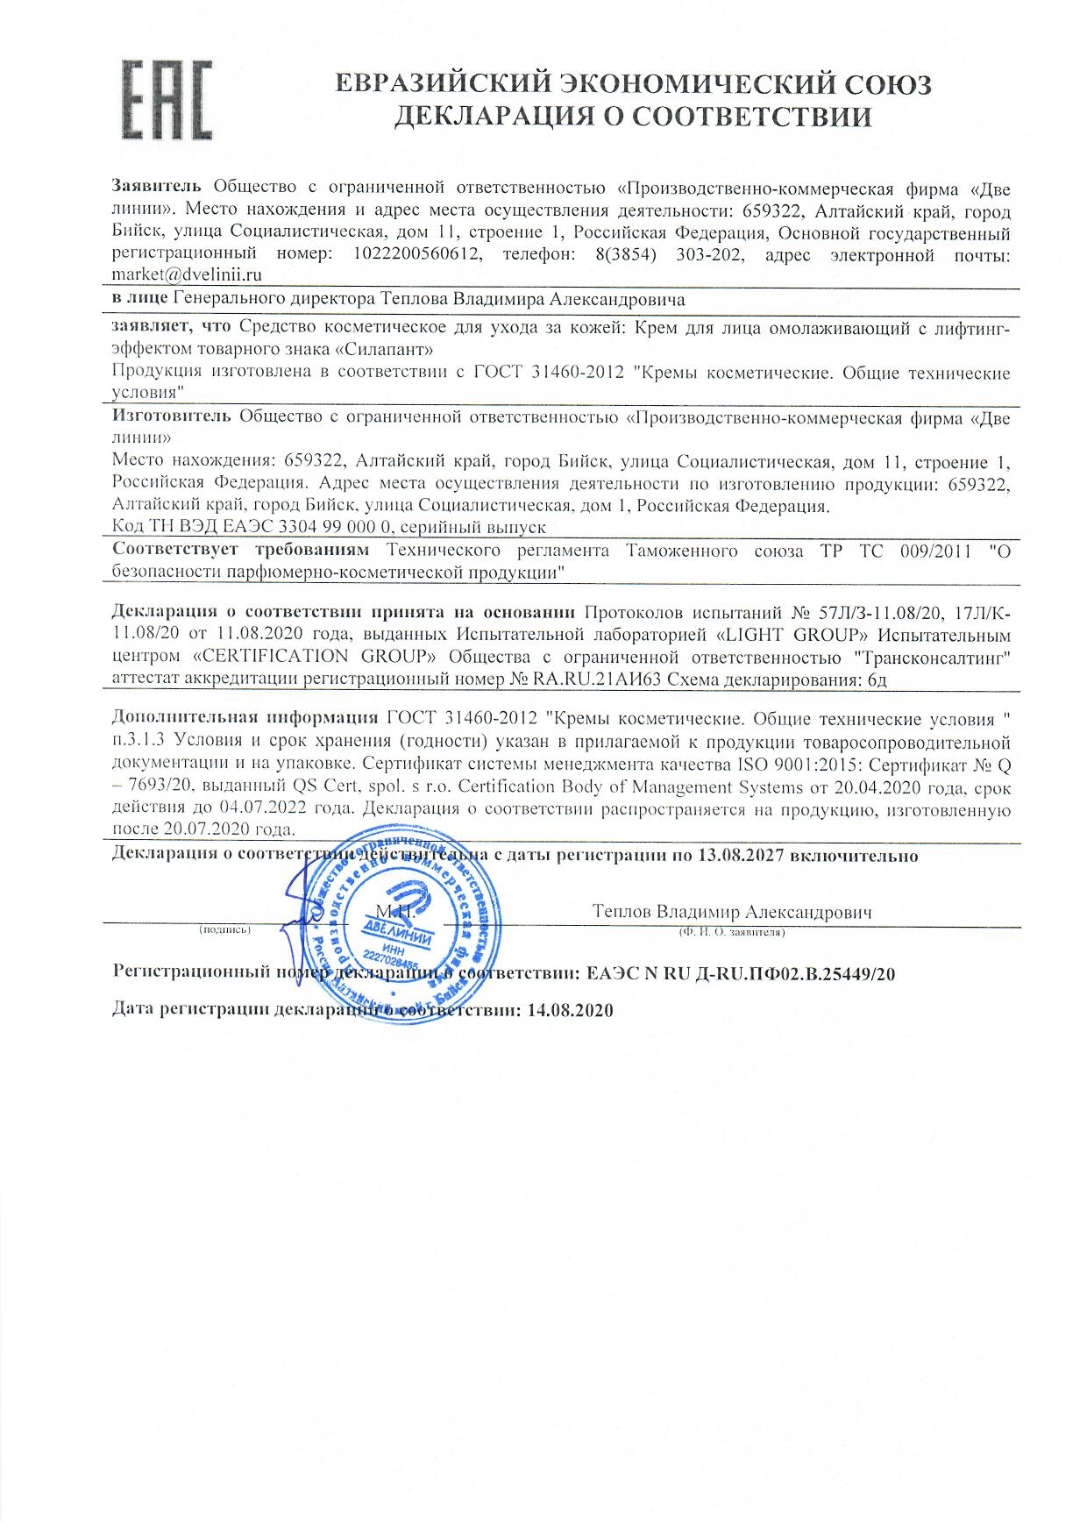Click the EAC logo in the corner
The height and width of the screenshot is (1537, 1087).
[x=167, y=99]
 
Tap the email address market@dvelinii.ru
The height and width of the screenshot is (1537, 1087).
[x=188, y=275]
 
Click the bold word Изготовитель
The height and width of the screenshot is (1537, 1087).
[x=172, y=417]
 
